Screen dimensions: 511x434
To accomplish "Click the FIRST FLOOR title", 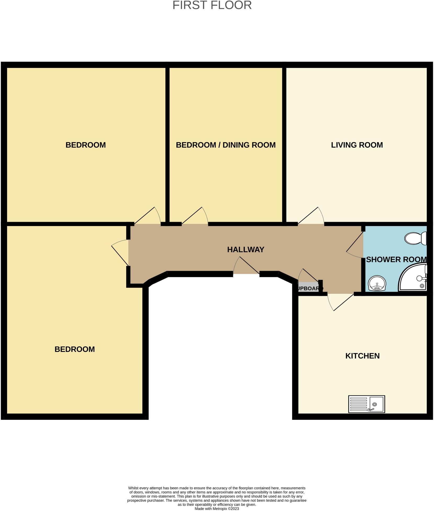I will (212, 5).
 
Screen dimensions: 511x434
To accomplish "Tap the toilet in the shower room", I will (415, 238).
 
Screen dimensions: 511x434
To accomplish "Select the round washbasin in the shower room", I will (377, 283).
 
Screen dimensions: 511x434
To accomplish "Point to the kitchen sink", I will (366, 404).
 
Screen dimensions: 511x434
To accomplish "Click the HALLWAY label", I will (246, 250).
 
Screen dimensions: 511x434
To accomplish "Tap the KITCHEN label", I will (362, 356).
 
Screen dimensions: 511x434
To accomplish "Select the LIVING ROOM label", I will (357, 145).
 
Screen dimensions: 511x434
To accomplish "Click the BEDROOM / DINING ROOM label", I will (226, 145).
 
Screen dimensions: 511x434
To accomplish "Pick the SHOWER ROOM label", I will (396, 260).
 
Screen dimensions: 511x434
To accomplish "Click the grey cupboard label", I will (309, 288).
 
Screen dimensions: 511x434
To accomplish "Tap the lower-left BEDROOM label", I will (75, 349).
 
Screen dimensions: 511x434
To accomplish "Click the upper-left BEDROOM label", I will (86, 145).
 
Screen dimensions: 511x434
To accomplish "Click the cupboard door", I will (309, 276).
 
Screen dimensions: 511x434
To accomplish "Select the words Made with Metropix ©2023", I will (216, 509).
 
